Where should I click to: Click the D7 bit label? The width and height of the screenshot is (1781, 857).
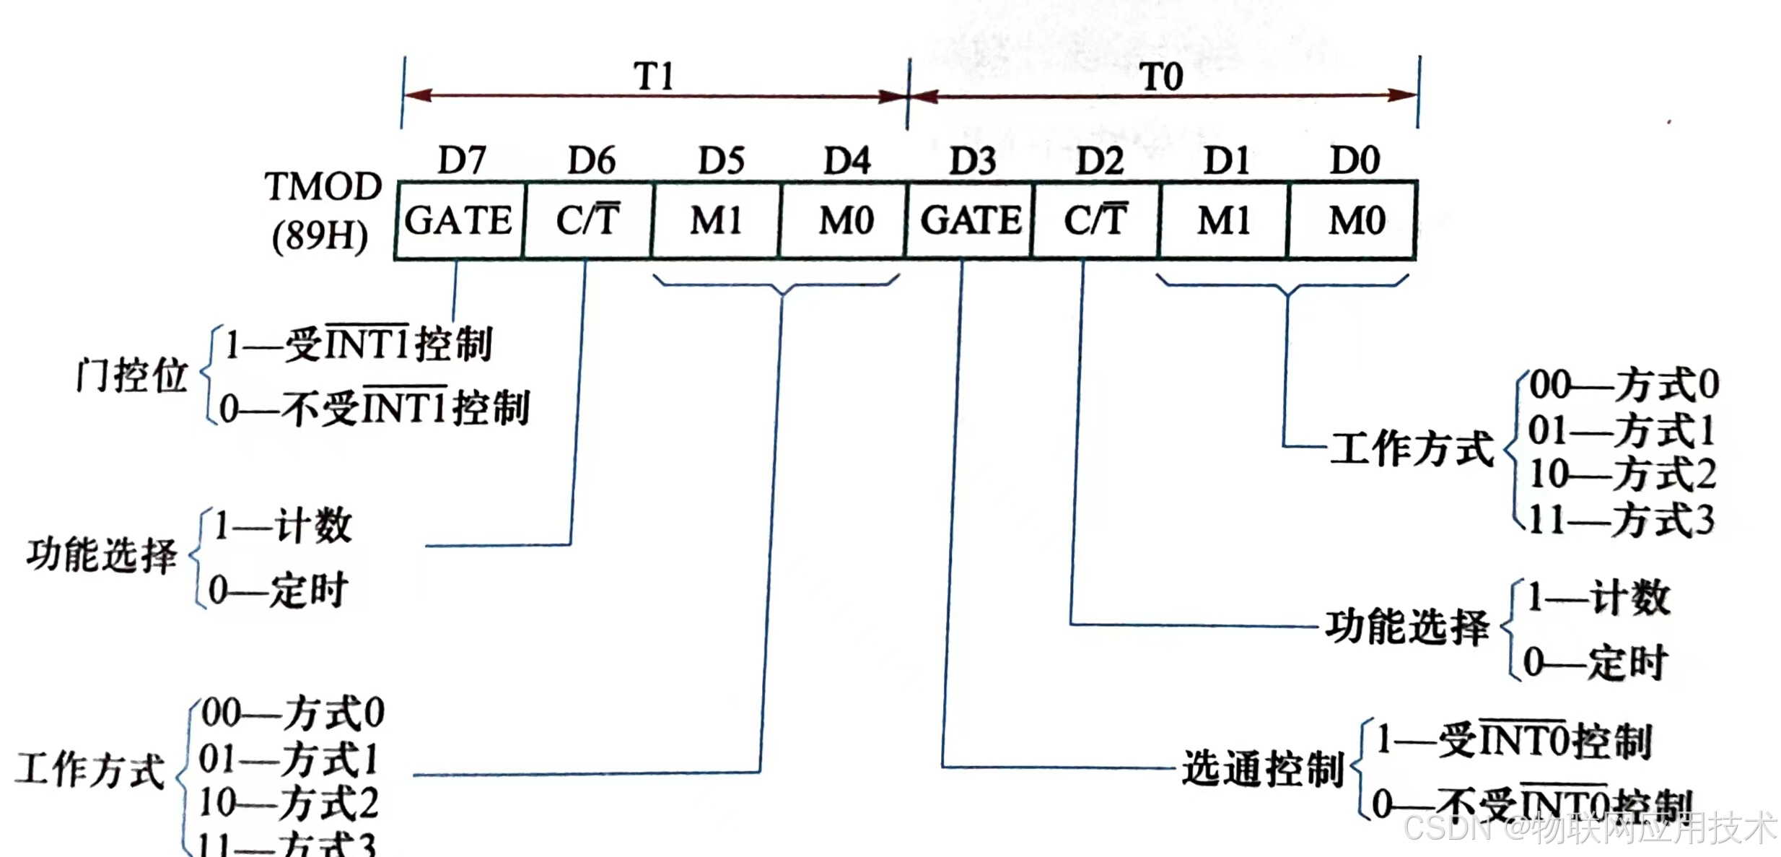point(462,160)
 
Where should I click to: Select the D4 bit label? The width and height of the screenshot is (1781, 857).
point(847,160)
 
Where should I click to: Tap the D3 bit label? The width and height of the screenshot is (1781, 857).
point(972,160)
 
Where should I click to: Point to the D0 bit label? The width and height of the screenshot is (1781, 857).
point(1355,160)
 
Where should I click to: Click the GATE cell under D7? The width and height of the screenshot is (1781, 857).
point(458,220)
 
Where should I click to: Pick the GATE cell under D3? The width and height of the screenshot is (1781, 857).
point(971,220)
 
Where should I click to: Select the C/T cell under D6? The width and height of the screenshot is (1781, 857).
point(587,219)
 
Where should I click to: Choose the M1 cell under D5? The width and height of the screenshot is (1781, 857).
point(716,220)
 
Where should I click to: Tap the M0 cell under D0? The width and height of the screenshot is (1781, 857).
point(1356,220)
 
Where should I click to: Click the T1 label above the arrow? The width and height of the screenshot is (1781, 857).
point(654,76)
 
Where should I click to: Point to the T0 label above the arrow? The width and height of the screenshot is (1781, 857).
point(1161,77)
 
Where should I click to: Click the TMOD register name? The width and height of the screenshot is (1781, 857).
point(323,186)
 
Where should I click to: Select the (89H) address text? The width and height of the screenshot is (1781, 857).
point(320,235)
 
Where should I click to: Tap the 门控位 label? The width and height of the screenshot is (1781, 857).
point(132,375)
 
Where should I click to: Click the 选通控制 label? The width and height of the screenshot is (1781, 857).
point(1262,767)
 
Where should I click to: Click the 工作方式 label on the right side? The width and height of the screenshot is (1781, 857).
point(1412,448)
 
